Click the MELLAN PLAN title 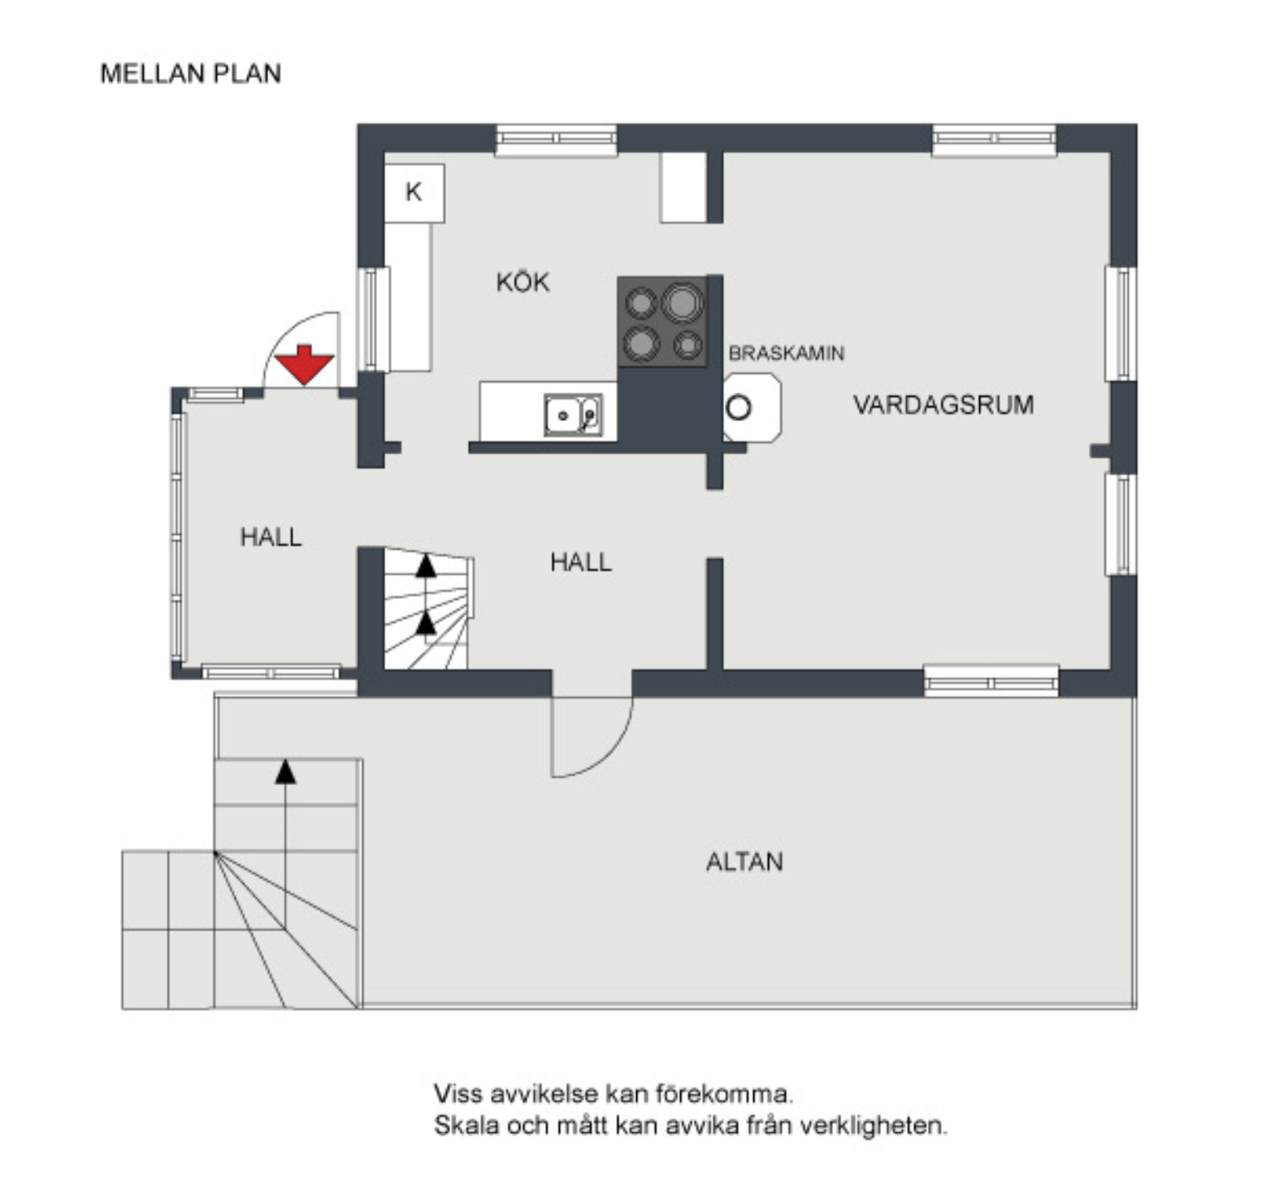tap(191, 73)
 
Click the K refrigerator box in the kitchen tap(414, 193)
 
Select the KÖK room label tap(523, 283)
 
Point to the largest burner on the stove tap(682, 302)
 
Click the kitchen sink tap(574, 415)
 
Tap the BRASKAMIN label tap(786, 354)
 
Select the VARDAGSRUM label tap(943, 405)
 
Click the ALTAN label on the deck tap(744, 862)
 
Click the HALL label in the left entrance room tap(271, 536)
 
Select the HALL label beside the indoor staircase tap(580, 562)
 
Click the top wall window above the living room tap(994, 139)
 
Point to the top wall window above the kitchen tap(556, 139)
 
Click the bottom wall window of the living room tap(991, 681)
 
